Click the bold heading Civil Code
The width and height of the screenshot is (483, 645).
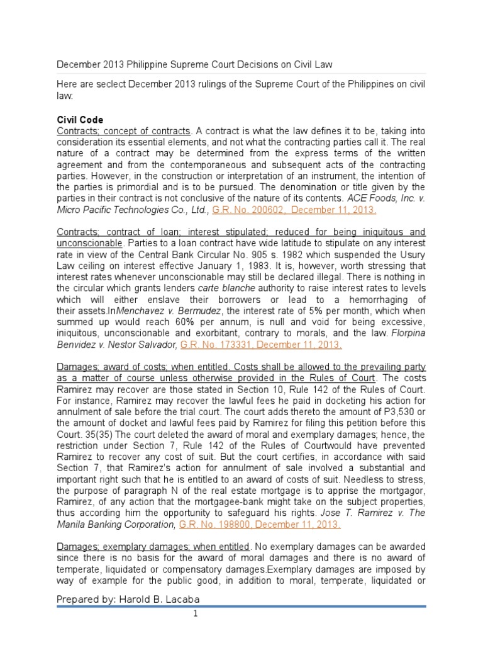point(80,120)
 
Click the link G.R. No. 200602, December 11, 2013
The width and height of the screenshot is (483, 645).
point(294,210)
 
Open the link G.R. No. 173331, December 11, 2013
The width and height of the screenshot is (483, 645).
point(261,345)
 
